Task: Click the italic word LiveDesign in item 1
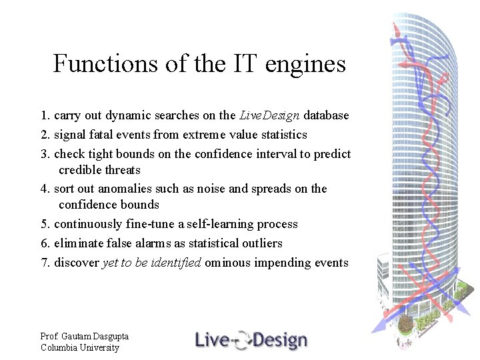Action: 269,115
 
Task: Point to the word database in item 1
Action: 325,115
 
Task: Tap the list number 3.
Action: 45,154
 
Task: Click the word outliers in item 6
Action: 260,243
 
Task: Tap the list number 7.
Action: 45,263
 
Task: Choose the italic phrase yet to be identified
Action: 151,263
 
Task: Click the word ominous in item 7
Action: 227,263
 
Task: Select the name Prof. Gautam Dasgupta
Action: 84,337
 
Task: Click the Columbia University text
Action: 79,347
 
